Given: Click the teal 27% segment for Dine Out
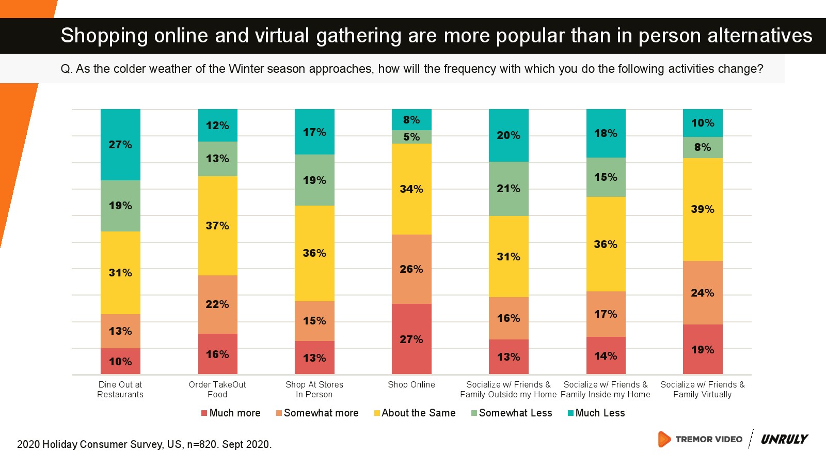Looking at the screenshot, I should [x=120, y=145].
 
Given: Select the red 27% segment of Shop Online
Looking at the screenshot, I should [x=411, y=339].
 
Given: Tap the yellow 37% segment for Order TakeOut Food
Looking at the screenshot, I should [x=217, y=226].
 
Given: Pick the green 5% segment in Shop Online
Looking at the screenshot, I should [x=411, y=137].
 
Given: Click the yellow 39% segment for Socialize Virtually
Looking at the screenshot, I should [x=703, y=209].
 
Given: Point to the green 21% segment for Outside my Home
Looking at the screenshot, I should [x=509, y=189].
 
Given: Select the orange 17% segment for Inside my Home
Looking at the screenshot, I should [x=606, y=314].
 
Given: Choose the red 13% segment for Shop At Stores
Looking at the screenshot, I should [x=314, y=358].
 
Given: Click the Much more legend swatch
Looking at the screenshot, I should [x=204, y=413].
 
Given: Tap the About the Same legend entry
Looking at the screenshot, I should [x=418, y=413].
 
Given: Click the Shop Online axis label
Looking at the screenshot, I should [x=411, y=385].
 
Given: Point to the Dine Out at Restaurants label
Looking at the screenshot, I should [x=120, y=390].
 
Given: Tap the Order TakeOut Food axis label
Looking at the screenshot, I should [x=217, y=390].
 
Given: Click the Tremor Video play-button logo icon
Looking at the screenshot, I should [x=664, y=439].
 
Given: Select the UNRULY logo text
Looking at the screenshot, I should [x=784, y=439].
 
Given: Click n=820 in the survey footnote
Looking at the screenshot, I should [x=201, y=444].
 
